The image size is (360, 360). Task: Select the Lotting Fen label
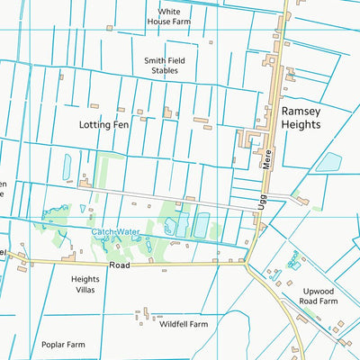[x=103, y=125]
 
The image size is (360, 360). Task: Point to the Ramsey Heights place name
[x=300, y=118]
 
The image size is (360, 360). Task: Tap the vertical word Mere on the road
[x=267, y=161]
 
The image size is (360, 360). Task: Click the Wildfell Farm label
[x=184, y=324]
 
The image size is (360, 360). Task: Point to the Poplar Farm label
[x=63, y=345]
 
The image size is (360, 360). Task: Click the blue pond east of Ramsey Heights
[x=328, y=163]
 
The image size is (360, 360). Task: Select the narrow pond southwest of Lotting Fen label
[x=67, y=166]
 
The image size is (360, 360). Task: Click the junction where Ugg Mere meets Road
[x=247, y=265]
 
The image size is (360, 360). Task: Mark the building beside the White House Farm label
[x=110, y=28]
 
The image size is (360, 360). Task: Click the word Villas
[x=92, y=292]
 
